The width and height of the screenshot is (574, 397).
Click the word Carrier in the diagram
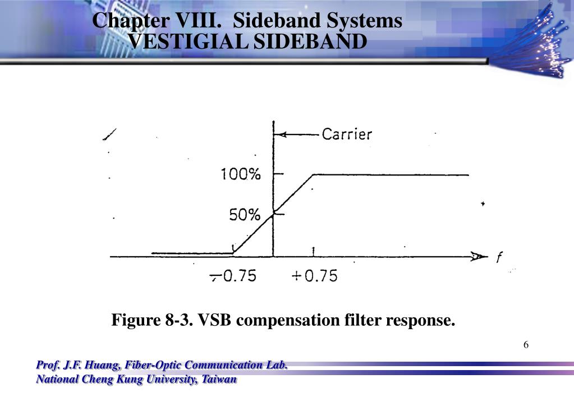(x=346, y=135)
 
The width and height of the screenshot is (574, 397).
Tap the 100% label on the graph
(x=240, y=175)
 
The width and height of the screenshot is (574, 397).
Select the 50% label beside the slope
(x=245, y=215)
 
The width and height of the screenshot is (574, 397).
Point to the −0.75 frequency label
(x=234, y=276)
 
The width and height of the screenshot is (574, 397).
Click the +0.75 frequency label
(x=315, y=276)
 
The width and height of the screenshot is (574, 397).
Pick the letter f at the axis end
(x=499, y=258)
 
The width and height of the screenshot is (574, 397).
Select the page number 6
(x=526, y=344)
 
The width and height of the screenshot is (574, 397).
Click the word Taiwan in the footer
(x=219, y=380)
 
